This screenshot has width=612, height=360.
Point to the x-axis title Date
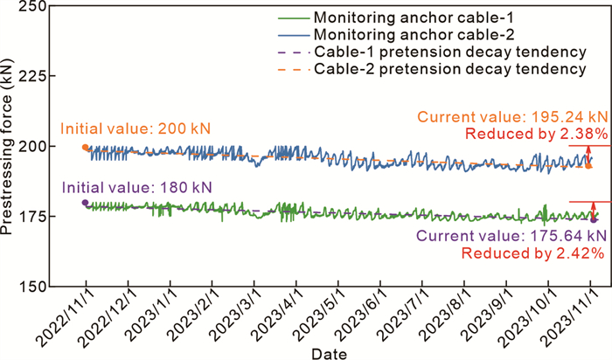coord(327,352)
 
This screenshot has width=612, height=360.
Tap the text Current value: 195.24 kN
coord(511,117)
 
